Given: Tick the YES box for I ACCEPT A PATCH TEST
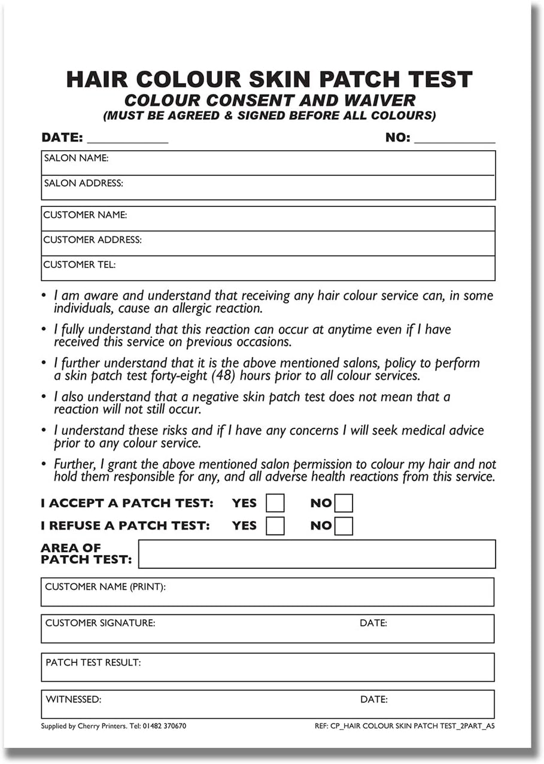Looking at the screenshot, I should [x=275, y=503].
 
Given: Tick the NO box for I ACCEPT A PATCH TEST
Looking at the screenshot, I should [x=344, y=503].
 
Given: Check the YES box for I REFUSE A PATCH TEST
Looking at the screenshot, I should [x=275, y=525].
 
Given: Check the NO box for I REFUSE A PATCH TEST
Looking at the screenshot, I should [x=344, y=525].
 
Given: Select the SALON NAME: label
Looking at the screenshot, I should [x=76, y=159].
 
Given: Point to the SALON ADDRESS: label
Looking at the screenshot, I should [x=84, y=184].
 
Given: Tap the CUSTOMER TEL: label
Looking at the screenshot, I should [x=80, y=264].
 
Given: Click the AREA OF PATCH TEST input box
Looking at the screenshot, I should [x=317, y=554].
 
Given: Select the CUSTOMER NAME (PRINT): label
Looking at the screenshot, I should [x=105, y=587].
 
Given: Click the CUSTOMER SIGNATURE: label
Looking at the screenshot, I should [x=100, y=623].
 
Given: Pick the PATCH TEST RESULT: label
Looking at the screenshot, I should [x=93, y=662].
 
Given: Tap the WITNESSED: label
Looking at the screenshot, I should [x=74, y=699].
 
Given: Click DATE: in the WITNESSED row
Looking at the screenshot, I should [x=373, y=699].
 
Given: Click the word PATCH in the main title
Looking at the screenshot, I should [x=358, y=80].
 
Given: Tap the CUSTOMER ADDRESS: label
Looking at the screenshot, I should [x=93, y=240].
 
